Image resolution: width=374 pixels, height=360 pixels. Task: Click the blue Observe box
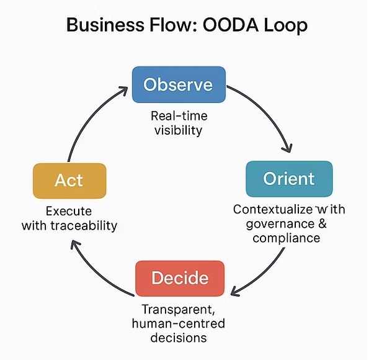coord(179,85)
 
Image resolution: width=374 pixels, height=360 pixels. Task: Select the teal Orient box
coord(289,179)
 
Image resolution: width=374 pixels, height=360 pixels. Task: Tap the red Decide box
coord(180,278)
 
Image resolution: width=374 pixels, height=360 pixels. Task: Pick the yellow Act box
coord(69,181)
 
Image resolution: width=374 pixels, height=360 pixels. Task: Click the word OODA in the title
coord(231,25)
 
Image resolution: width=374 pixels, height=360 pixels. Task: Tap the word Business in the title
coord(105,25)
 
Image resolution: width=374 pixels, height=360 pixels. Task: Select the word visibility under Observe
coord(178,130)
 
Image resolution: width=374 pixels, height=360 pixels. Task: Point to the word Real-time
coord(179,116)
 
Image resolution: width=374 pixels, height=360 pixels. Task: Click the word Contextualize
coord(273,209)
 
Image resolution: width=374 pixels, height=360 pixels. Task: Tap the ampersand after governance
coord(323,223)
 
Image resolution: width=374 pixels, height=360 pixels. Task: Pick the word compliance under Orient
coord(286,238)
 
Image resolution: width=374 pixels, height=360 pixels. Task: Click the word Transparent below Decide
coord(179,309)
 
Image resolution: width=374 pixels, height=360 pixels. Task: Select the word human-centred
coord(179,323)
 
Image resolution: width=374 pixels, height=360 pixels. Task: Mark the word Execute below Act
coord(69,211)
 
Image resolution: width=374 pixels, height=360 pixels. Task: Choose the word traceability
coord(84,225)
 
